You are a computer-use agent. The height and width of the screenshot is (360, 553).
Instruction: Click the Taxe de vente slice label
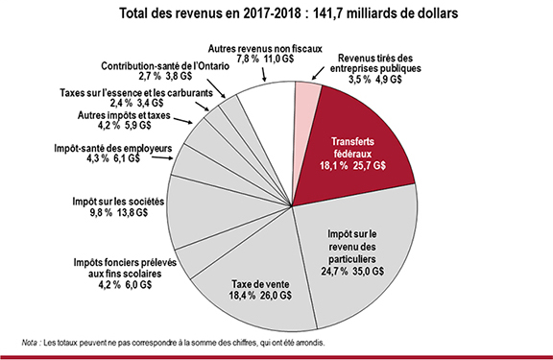[260, 284]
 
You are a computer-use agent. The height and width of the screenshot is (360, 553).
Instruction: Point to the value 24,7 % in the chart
[334, 271]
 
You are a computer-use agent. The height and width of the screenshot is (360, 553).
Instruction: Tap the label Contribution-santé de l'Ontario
[165, 66]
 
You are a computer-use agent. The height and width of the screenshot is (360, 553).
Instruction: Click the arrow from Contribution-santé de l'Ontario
[216, 88]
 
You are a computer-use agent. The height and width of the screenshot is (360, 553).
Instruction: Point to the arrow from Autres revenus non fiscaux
[263, 74]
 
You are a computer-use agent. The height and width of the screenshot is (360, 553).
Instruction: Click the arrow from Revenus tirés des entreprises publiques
[318, 73]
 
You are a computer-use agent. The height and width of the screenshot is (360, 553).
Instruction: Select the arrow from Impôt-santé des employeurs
[162, 157]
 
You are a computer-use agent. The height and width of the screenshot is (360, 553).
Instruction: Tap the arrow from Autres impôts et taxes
[183, 121]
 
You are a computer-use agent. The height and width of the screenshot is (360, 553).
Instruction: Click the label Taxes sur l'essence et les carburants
[136, 93]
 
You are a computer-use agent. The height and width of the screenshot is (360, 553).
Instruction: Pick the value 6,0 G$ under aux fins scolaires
[138, 284]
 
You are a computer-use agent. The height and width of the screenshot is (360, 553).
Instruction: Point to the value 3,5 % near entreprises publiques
[360, 80]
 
